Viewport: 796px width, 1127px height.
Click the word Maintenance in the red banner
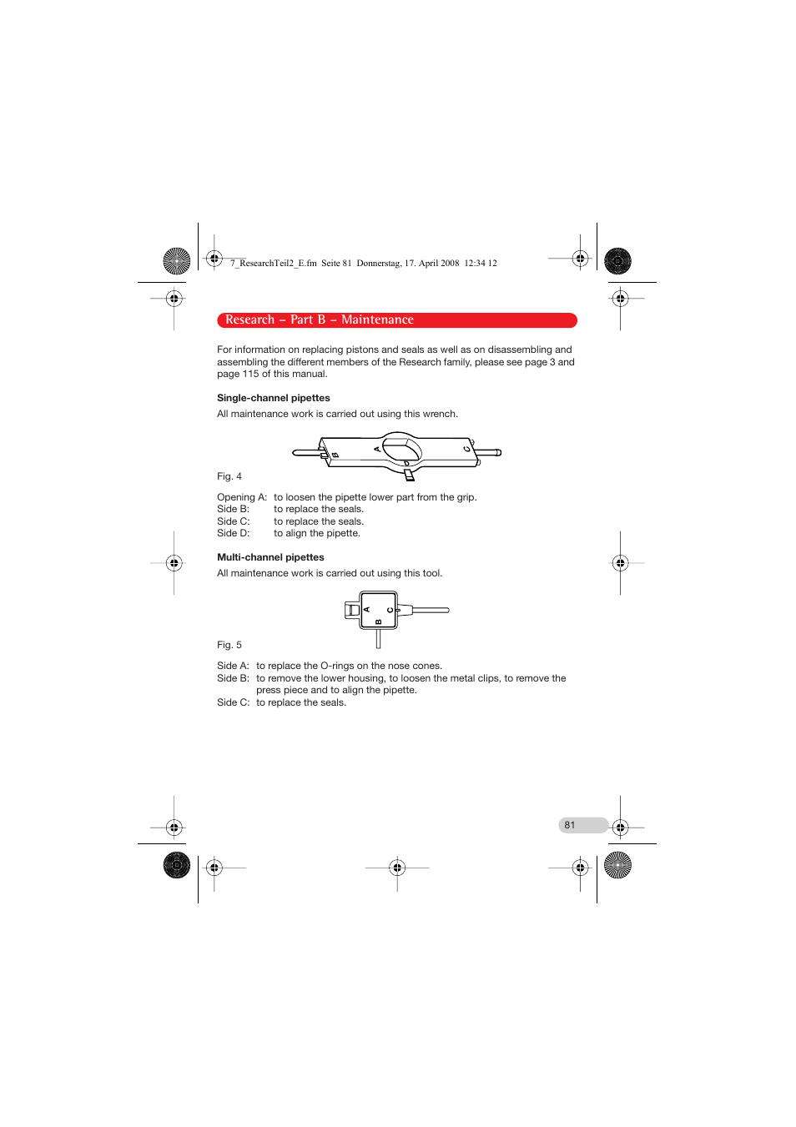(377, 320)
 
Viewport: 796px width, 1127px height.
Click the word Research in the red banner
(249, 320)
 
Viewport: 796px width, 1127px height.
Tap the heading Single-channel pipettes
(273, 398)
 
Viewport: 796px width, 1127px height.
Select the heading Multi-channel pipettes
(270, 557)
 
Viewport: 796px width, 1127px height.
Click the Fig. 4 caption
(229, 476)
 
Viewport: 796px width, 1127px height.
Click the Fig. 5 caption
(229, 645)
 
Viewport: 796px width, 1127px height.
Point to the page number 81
(570, 825)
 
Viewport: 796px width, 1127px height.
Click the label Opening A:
(242, 497)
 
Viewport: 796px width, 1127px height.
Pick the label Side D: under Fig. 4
(233, 533)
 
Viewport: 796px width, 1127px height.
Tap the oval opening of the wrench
(401, 449)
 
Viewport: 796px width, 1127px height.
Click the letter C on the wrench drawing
(467, 450)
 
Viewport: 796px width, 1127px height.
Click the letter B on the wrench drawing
(335, 455)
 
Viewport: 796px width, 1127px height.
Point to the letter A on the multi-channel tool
(367, 610)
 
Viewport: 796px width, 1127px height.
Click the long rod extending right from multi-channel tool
(430, 610)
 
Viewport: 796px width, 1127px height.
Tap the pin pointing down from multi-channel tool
(378, 639)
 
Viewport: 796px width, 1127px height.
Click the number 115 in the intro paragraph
(250, 374)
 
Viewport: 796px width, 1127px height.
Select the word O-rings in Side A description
(336, 666)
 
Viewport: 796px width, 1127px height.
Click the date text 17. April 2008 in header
(431, 263)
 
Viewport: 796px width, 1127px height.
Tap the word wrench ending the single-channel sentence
(440, 414)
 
